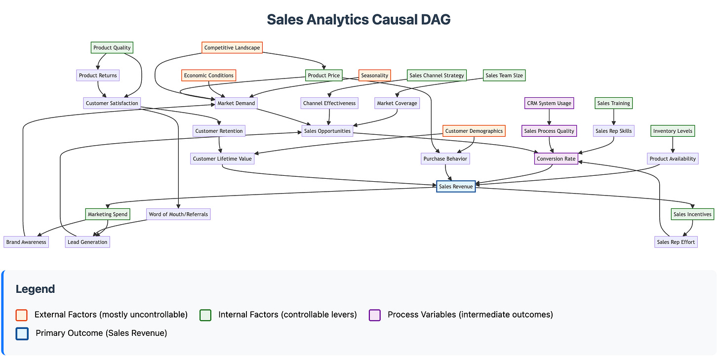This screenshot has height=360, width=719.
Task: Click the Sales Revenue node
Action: [x=456, y=186]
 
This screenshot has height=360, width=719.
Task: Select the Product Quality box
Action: [x=112, y=48]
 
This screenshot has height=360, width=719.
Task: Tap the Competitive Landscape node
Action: [x=232, y=48]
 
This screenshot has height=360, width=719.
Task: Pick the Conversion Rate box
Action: [x=556, y=159]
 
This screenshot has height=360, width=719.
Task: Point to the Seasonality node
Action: [x=374, y=76]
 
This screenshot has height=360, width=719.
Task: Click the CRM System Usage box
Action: [x=549, y=103]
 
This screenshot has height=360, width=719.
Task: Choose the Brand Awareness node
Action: [x=26, y=242]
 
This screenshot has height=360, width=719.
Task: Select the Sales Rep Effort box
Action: [x=676, y=242]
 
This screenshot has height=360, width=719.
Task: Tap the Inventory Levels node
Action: [x=673, y=131]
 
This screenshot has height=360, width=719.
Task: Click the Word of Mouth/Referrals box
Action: [x=178, y=214]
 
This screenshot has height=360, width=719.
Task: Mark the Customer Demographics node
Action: [x=474, y=131]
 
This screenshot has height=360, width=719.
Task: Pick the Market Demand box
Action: [x=236, y=103]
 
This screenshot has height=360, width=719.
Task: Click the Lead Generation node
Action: [x=87, y=242]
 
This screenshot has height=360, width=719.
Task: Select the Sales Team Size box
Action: [x=504, y=76]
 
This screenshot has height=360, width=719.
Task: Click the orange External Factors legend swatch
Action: [x=21, y=315]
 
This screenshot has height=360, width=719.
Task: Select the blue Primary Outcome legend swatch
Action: [x=21, y=333]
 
